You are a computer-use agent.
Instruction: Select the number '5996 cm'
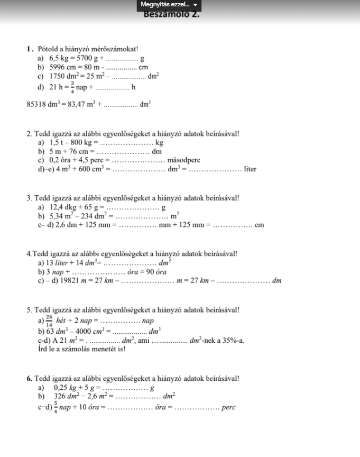(63, 67)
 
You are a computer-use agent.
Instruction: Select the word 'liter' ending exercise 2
(250, 169)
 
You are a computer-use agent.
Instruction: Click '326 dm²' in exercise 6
(67, 397)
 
